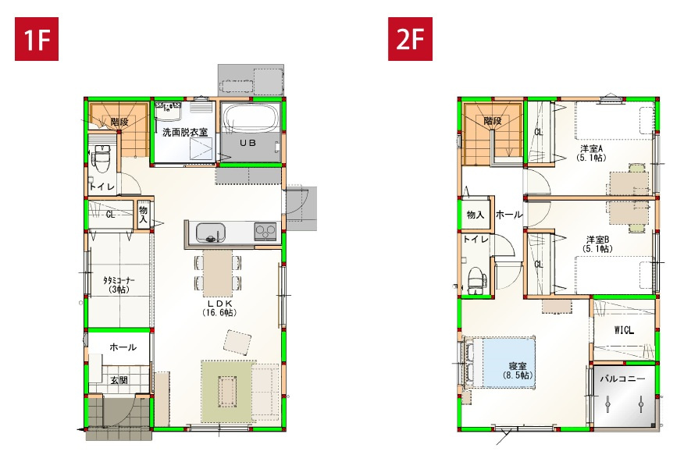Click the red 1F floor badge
(37, 39)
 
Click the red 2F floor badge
(410, 39)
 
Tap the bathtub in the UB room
(251, 117)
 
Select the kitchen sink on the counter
(210, 233)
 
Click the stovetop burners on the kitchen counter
(265, 231)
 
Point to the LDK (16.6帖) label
(219, 307)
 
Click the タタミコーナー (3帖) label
(119, 285)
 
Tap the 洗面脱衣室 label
(185, 132)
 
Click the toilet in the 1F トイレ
(102, 158)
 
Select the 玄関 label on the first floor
(119, 381)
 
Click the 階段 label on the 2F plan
(493, 120)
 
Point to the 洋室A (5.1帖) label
(591, 153)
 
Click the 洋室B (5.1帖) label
(597, 244)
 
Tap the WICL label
(624, 330)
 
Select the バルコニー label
(622, 379)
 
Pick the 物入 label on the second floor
(476, 215)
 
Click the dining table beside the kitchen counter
(218, 273)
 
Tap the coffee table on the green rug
(227, 391)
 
